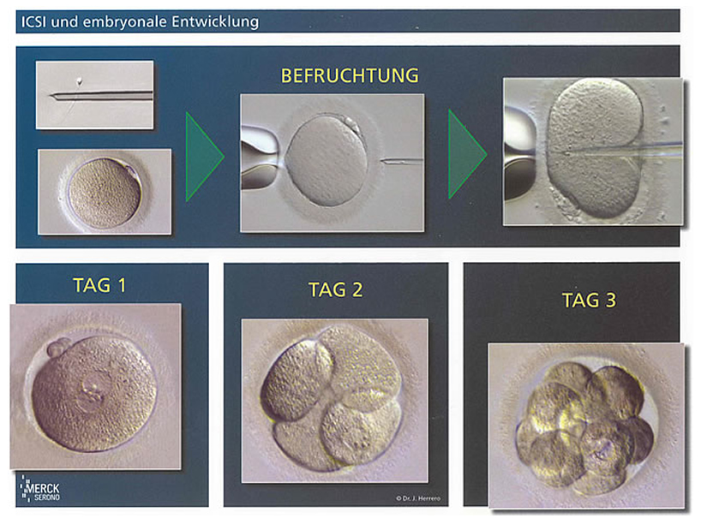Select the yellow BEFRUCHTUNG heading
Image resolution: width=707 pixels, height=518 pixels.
click(x=350, y=75)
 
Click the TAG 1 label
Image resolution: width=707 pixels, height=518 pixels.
click(x=99, y=285)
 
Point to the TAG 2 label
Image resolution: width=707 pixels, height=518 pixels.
click(x=335, y=289)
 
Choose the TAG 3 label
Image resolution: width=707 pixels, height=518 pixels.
click(x=589, y=300)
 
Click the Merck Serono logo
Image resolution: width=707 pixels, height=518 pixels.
click(x=39, y=488)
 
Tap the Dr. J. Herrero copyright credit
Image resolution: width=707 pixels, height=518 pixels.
click(x=418, y=498)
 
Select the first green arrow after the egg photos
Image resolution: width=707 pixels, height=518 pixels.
click(x=205, y=157)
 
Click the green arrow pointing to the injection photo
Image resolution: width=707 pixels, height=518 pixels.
click(x=468, y=154)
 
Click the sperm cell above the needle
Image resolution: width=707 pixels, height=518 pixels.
click(x=80, y=82)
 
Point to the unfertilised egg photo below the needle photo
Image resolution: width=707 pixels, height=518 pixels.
click(x=105, y=192)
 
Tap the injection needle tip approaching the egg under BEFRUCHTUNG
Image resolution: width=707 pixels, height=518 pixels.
click(x=382, y=160)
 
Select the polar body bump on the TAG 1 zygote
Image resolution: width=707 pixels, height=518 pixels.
click(x=57, y=348)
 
